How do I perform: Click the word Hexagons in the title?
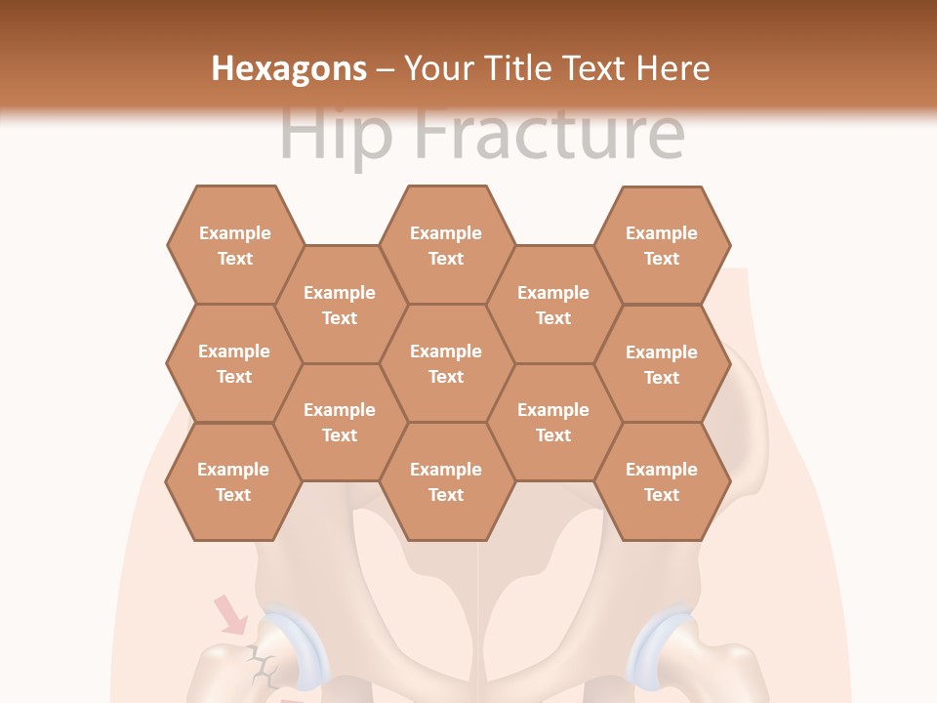point(289,68)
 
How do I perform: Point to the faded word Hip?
point(337,134)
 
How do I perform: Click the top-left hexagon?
point(234,245)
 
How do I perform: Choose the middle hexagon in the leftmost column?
point(234,363)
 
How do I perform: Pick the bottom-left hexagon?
point(233,481)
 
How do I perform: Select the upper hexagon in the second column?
point(340,305)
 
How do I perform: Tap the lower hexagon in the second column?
point(340,422)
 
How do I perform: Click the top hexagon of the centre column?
point(446,245)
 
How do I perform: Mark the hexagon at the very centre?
point(446,363)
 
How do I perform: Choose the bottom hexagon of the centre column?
point(446,481)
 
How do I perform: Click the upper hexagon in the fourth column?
point(553,305)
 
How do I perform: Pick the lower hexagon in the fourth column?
point(553,422)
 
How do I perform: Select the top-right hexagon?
point(662,245)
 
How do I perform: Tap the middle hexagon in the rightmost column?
point(662,364)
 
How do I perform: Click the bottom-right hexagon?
point(662,481)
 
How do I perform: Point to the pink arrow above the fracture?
point(231,614)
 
